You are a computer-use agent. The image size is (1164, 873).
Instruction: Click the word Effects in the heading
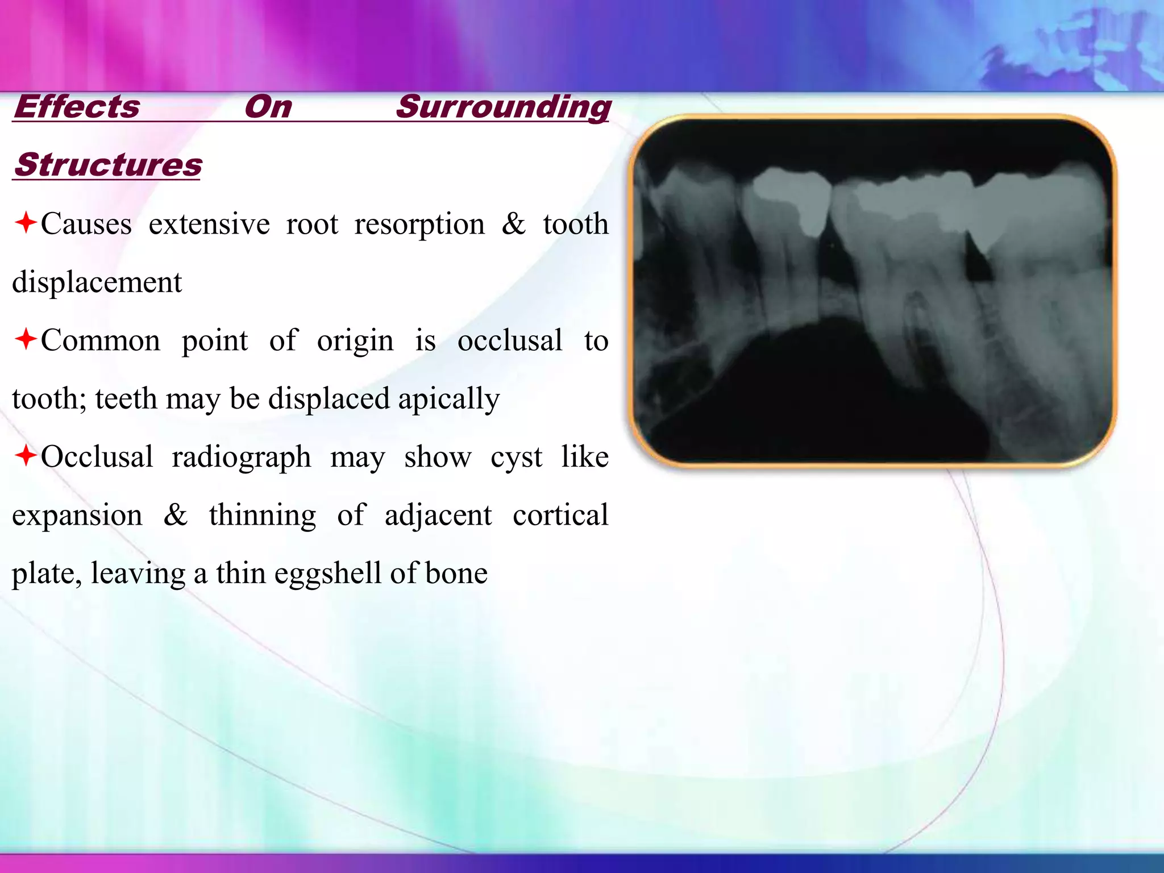(x=77, y=107)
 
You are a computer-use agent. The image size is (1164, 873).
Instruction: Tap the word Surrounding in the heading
(x=503, y=107)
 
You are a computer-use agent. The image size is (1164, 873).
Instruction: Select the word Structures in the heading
(x=107, y=165)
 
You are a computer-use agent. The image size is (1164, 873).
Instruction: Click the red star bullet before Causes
(x=26, y=222)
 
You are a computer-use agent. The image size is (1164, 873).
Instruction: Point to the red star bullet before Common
(x=26, y=339)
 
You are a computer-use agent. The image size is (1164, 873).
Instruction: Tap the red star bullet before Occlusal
(x=26, y=455)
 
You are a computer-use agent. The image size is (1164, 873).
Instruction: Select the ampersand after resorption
(x=514, y=224)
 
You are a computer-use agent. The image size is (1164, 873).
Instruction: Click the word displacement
(x=97, y=282)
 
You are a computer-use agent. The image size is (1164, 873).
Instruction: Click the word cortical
(x=560, y=515)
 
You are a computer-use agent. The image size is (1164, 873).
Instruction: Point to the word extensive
(x=209, y=224)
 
